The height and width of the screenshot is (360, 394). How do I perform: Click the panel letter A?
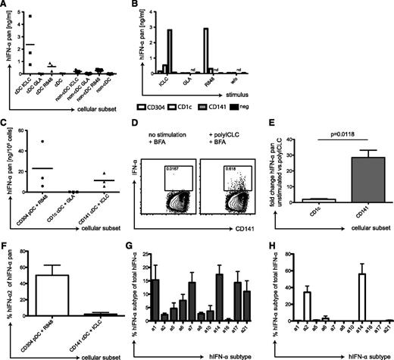6,6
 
